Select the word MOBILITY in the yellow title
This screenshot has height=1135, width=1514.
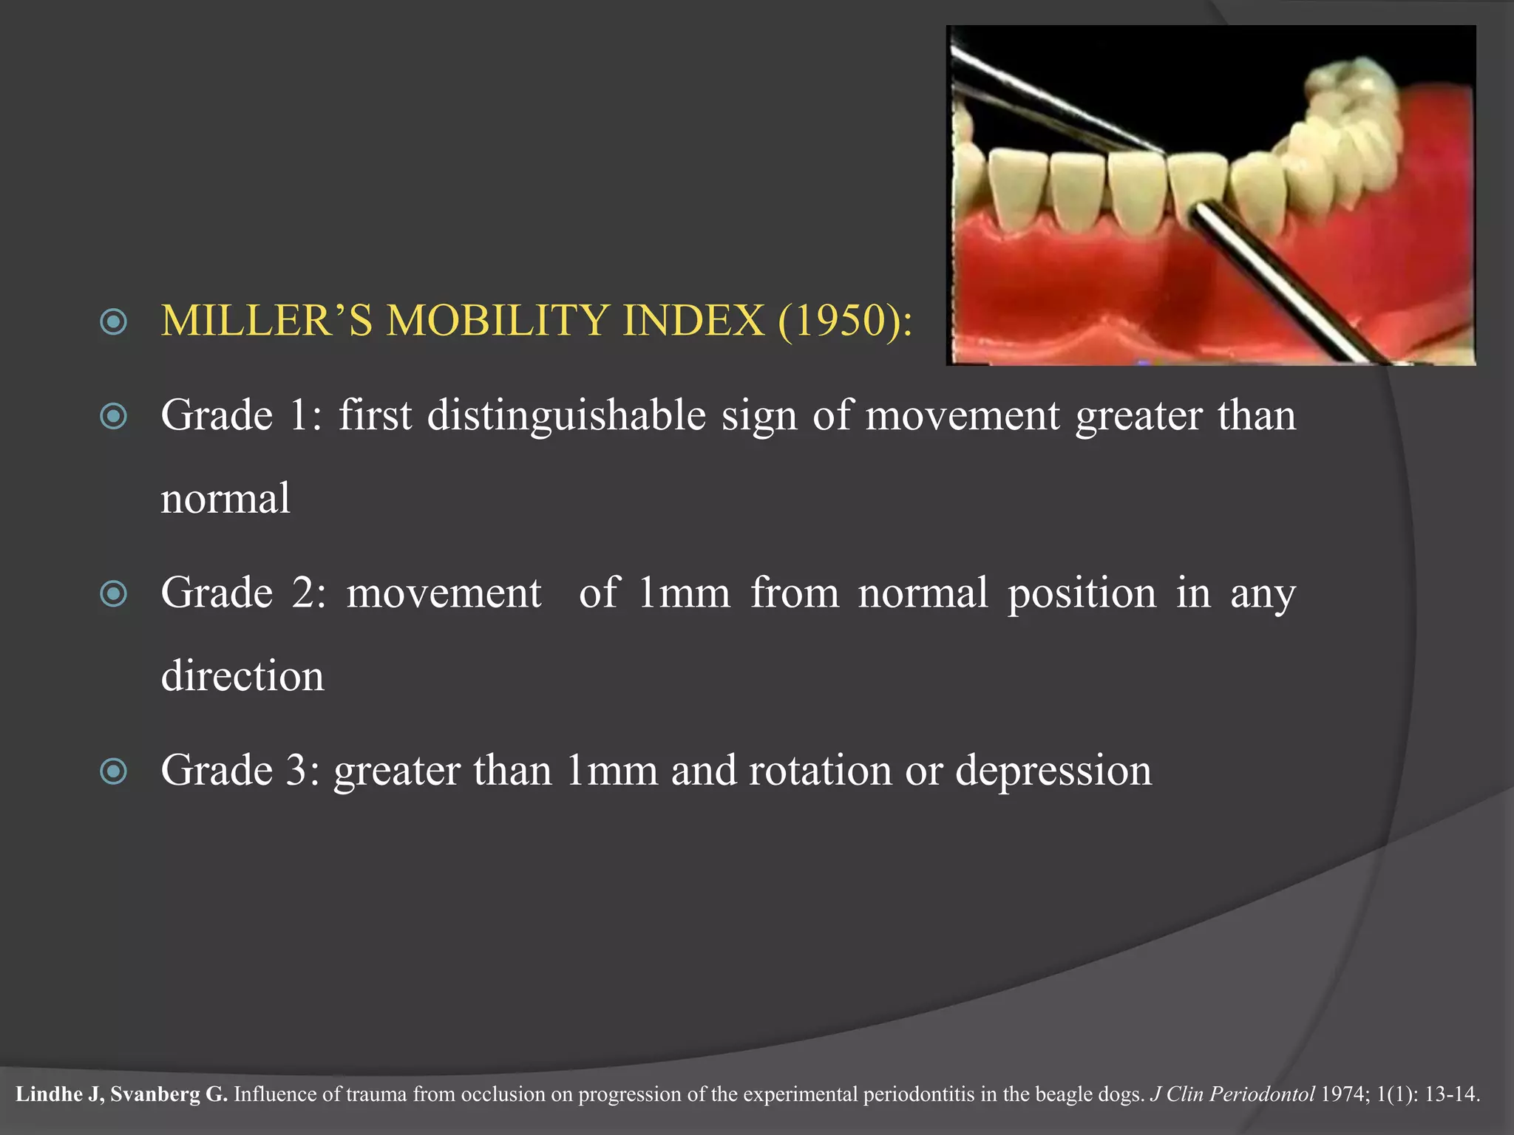pos(501,321)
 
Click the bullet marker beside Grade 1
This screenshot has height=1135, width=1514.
pos(114,416)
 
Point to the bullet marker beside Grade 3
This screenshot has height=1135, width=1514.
pos(114,772)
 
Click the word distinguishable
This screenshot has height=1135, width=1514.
pos(566,416)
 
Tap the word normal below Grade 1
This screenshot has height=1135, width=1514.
pos(225,499)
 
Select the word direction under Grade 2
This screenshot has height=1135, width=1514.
pos(242,676)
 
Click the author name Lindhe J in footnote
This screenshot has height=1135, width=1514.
pos(58,1094)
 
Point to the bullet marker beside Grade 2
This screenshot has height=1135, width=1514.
pos(114,594)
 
